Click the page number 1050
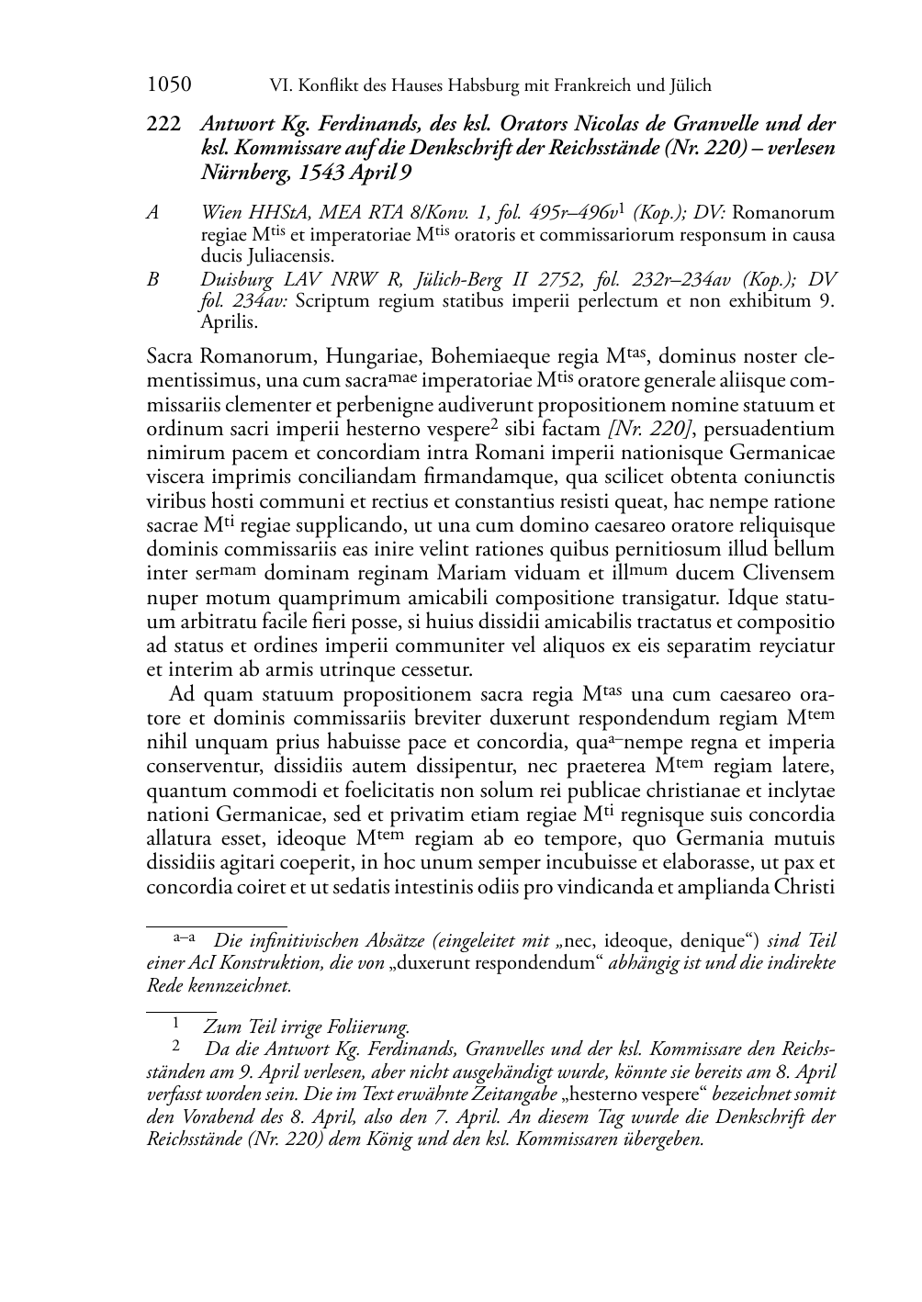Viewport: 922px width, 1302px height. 169,85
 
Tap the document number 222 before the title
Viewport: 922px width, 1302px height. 163,123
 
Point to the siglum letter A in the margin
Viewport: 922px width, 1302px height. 153,213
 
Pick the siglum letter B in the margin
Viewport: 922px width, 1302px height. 153,279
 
